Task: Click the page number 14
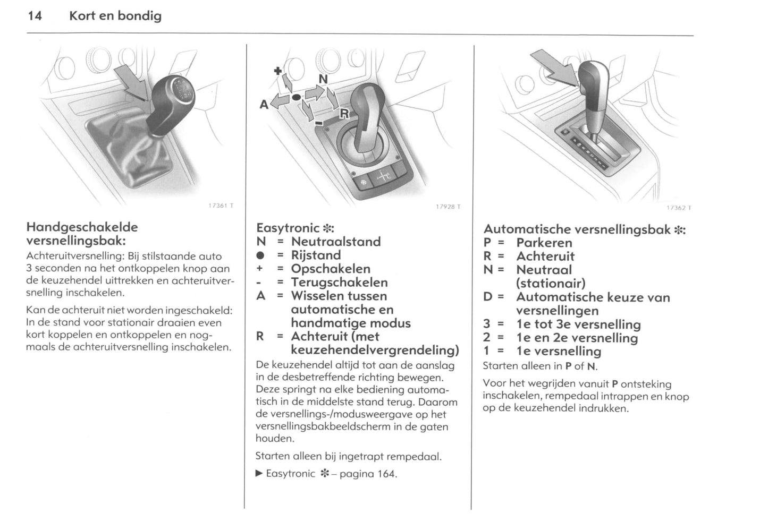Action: point(35,16)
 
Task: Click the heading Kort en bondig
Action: point(115,16)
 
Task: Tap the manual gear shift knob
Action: point(173,101)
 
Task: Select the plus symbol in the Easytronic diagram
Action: point(277,71)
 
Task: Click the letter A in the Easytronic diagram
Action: point(264,105)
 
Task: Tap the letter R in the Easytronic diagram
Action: point(344,113)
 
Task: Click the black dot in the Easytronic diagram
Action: point(296,97)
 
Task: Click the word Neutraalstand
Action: point(335,242)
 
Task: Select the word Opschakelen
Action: point(330,269)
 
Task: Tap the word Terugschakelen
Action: point(339,283)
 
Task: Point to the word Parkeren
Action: point(544,243)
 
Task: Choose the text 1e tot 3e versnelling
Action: point(578,324)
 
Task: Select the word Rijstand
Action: point(315,255)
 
